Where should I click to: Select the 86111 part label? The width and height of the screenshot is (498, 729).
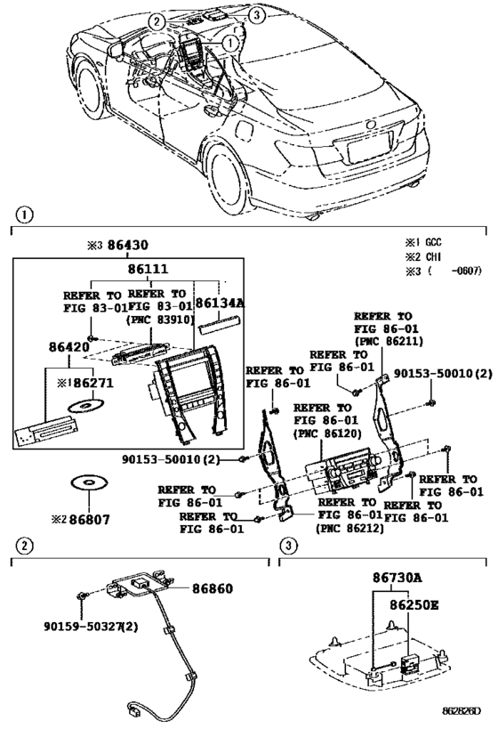click(149, 269)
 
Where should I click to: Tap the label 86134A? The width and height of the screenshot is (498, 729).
click(220, 304)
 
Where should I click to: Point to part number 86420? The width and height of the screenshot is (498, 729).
click(69, 347)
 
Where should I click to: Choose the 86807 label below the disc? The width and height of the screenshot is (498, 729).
click(89, 519)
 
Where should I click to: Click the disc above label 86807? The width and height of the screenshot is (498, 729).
click(89, 482)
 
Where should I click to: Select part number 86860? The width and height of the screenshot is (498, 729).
click(213, 588)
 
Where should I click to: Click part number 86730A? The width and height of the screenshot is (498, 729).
click(398, 578)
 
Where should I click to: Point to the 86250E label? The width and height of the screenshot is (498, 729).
click(414, 605)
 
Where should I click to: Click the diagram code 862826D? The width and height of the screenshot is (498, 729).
click(462, 710)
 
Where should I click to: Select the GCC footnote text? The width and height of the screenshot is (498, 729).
click(433, 242)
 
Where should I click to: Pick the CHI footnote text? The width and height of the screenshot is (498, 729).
click(433, 256)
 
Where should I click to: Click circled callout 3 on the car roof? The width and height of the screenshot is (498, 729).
click(256, 15)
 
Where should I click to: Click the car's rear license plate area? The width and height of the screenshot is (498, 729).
click(369, 145)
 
